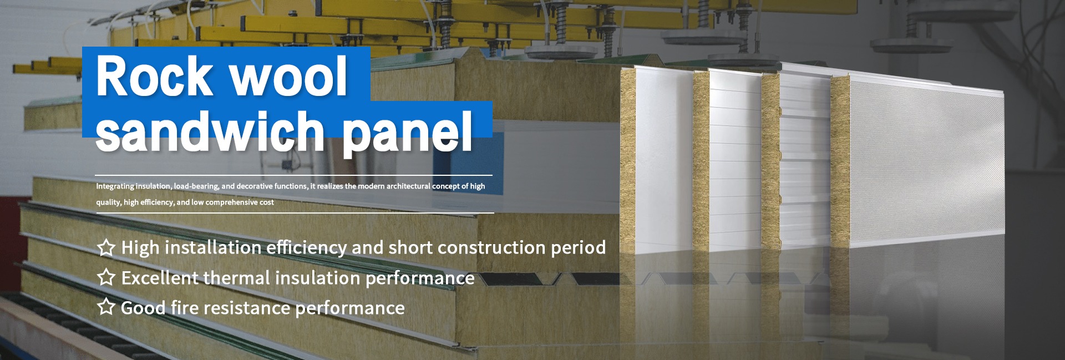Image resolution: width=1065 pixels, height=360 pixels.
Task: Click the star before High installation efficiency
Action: pos(106,247)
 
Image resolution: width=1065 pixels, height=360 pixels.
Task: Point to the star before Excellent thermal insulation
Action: pos(106,277)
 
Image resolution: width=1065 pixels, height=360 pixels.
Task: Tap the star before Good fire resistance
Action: pos(106,307)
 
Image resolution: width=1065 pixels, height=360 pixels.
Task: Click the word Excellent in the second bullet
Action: pos(160,277)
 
